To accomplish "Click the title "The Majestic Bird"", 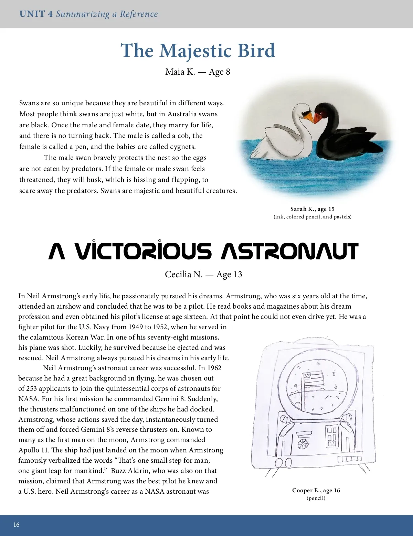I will click(x=198, y=51).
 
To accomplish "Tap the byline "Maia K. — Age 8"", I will click(x=198, y=72).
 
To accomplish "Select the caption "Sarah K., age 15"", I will click(x=312, y=209).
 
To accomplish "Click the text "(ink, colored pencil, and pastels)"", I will click(x=312, y=217).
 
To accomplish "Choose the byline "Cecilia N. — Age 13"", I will click(x=203, y=274).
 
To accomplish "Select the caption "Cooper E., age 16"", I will click(x=316, y=490).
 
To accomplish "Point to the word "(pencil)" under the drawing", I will click(x=316, y=498).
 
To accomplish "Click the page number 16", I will click(x=17, y=525).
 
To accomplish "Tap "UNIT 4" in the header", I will click(x=36, y=14).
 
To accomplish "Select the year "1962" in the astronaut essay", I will click(x=214, y=368).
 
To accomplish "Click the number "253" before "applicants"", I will click(x=32, y=388).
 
